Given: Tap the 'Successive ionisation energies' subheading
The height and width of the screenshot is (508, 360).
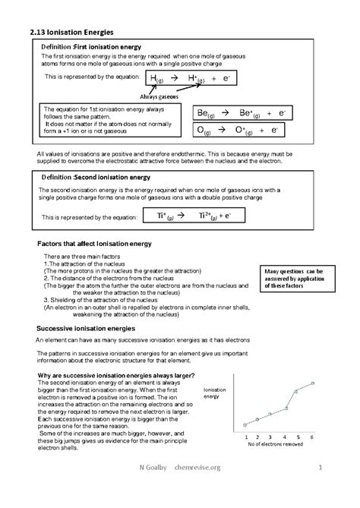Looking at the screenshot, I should (x=86, y=328).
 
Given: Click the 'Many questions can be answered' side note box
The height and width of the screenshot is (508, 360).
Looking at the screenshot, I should (x=293, y=279).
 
